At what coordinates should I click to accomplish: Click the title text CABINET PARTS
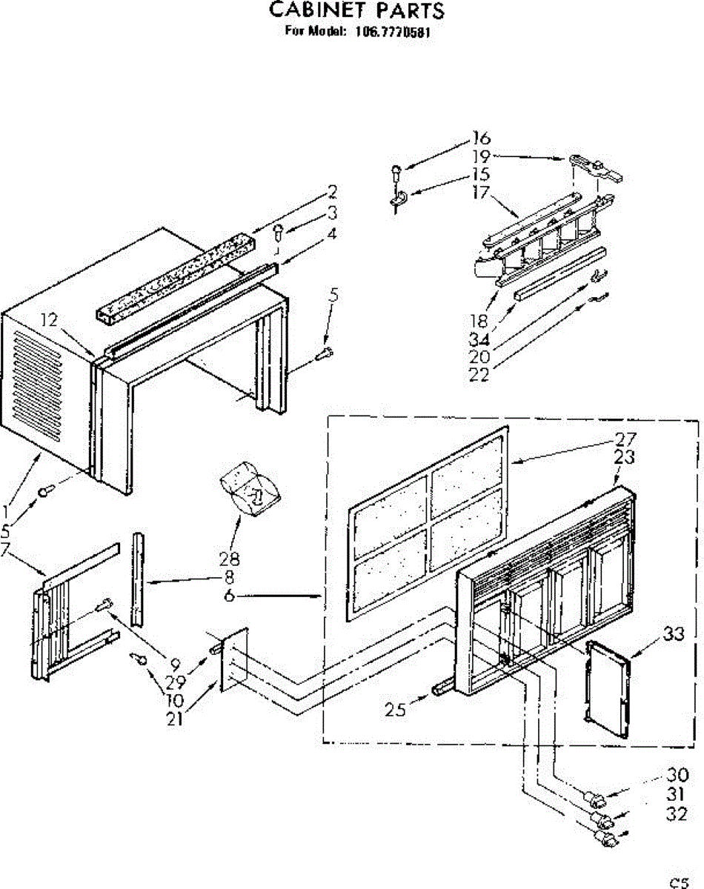tap(356, 10)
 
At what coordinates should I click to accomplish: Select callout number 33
tap(672, 633)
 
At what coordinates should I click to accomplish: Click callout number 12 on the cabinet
tap(49, 321)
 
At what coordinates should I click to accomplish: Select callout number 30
tap(677, 776)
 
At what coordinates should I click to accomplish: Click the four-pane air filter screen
tap(428, 522)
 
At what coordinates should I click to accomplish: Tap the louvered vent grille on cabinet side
tap(47, 385)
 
